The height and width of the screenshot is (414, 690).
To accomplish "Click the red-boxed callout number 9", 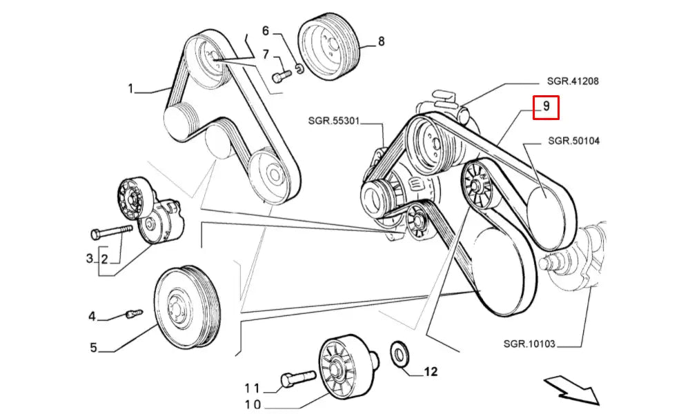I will pos(545,106).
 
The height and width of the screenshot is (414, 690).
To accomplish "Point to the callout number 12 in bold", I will pos(430,372).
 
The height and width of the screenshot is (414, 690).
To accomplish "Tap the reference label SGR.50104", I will pos(573,141).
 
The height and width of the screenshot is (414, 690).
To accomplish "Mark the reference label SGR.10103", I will pos(529,343).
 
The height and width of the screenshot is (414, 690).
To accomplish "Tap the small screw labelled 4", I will pos(133,314).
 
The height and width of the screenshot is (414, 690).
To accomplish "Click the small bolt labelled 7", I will pos(279,75).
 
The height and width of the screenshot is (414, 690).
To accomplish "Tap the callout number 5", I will pos(93,348).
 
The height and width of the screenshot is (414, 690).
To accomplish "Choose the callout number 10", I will pos(253,405).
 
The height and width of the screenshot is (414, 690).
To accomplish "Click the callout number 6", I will pos(264,31).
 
